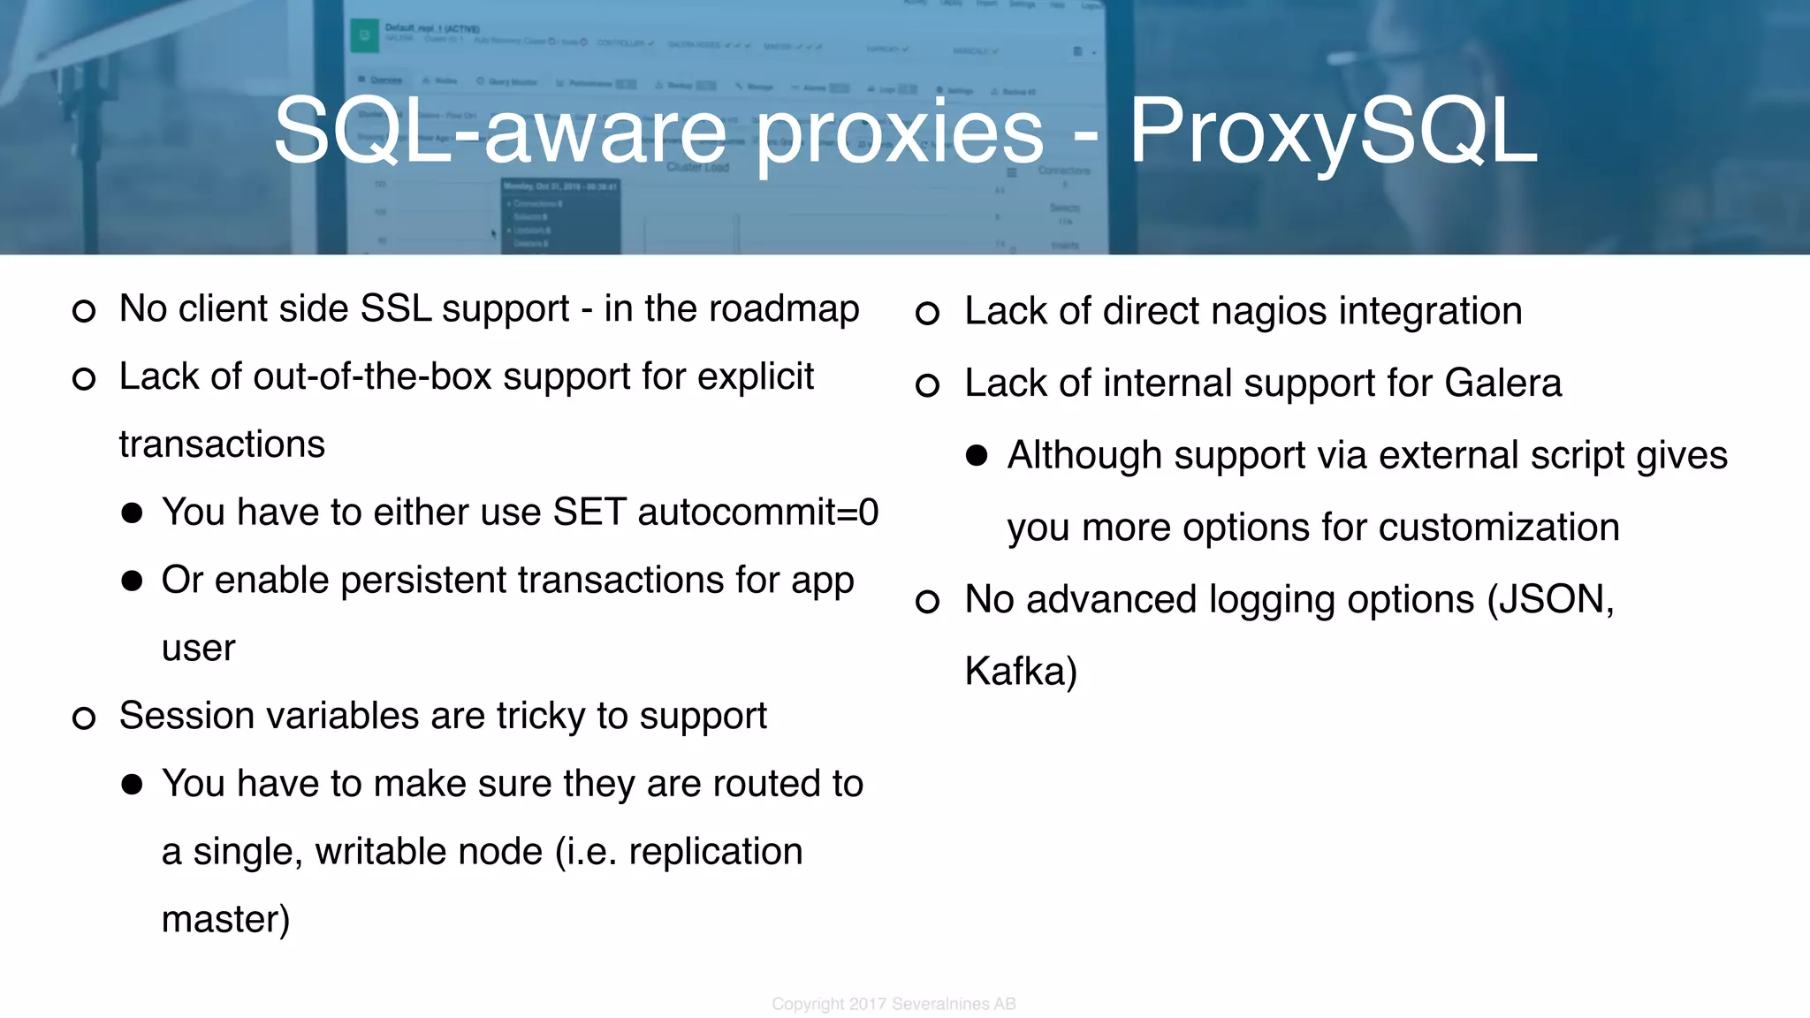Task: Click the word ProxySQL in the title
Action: (1333, 133)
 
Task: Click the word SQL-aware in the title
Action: (508, 133)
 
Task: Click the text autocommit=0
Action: (757, 513)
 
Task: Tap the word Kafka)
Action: (1021, 672)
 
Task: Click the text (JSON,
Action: (1551, 600)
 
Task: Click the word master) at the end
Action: (225, 920)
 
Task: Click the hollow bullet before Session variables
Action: (84, 718)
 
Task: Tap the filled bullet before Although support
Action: (977, 455)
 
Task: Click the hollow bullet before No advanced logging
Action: (927, 602)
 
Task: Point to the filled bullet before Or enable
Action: (133, 581)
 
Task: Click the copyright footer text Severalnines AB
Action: (954, 1004)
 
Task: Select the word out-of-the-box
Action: (372, 377)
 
